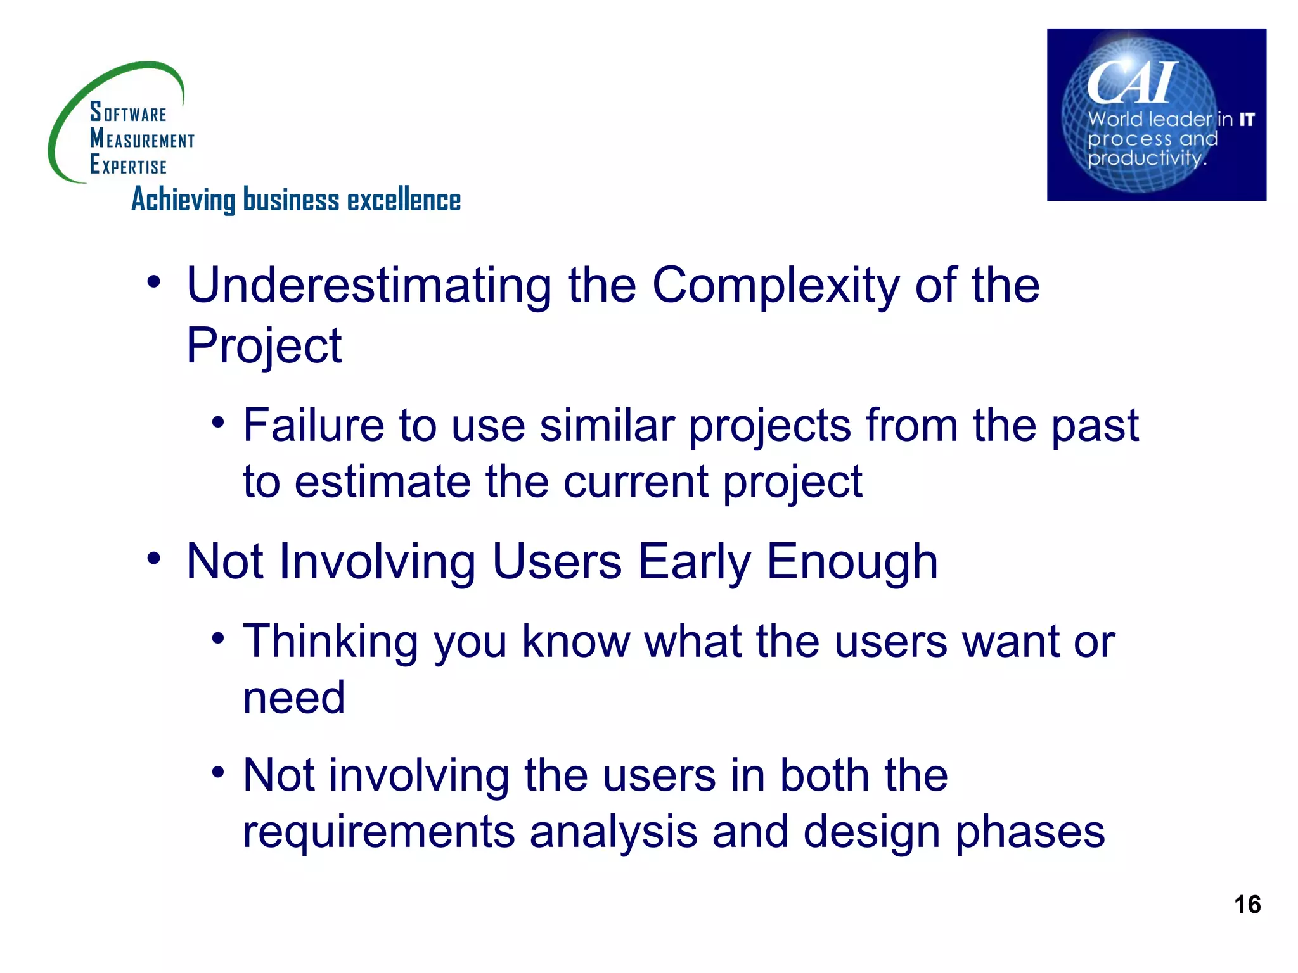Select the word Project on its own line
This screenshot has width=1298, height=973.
click(x=264, y=347)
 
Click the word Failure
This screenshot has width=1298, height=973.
click(x=313, y=425)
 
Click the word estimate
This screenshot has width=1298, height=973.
click(x=382, y=482)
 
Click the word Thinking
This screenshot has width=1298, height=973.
click(x=330, y=642)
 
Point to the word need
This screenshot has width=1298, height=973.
click(x=294, y=698)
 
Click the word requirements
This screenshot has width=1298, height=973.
click(x=378, y=832)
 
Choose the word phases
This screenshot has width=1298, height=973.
click(x=1030, y=832)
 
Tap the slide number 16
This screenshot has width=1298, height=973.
click(x=1247, y=905)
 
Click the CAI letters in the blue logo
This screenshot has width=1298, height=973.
click(x=1131, y=83)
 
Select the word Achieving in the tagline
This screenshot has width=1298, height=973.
click(x=183, y=200)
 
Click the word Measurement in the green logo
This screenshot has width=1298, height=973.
click(x=142, y=139)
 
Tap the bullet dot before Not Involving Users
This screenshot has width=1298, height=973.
click(x=153, y=559)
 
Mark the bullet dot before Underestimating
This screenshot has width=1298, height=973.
click(x=153, y=283)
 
